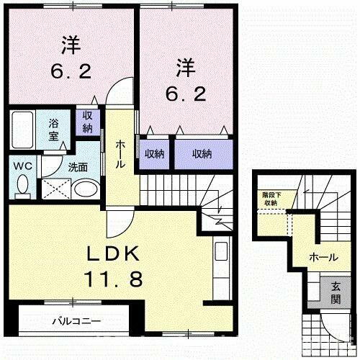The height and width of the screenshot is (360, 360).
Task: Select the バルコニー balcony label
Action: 76,320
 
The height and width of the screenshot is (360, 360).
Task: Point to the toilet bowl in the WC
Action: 23,186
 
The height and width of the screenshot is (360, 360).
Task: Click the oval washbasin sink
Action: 86,189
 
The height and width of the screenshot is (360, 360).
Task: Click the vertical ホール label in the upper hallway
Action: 121,153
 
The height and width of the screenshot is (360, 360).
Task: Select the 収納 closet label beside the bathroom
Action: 87,122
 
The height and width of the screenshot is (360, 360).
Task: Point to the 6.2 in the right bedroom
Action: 183,92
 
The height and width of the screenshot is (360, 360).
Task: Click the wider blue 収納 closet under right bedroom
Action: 202,153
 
